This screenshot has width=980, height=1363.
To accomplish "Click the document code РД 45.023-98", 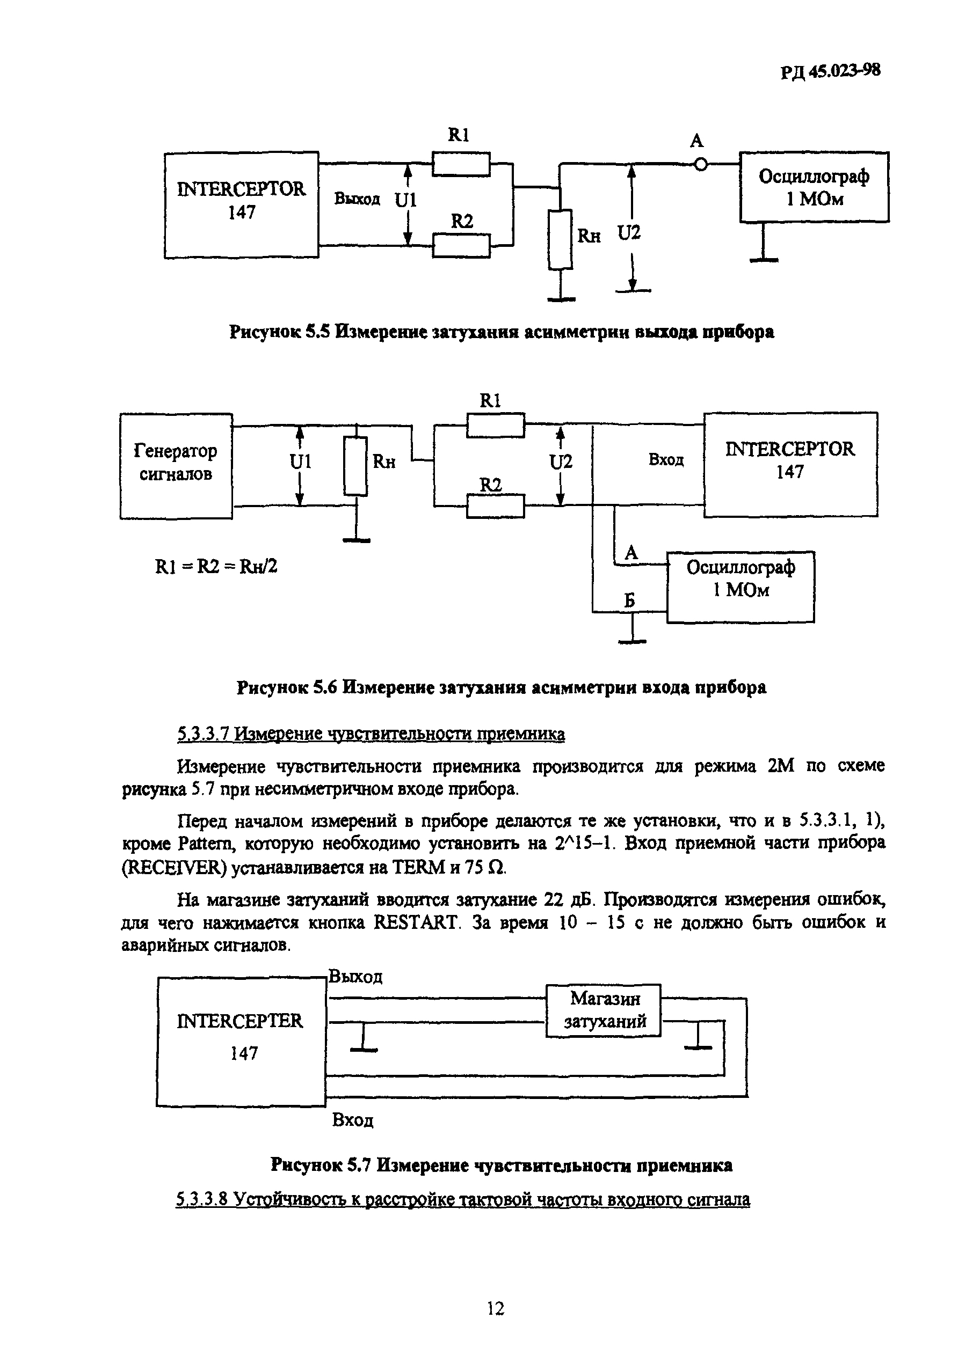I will point(830,71).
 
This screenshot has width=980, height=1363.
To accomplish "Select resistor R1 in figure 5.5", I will point(461,164).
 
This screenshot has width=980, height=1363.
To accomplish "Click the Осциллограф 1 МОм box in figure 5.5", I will point(814,187).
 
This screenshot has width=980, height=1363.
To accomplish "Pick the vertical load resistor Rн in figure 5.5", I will point(560,239).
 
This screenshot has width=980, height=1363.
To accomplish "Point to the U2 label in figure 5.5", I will point(629,232).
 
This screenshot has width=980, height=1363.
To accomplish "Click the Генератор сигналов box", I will point(176,466).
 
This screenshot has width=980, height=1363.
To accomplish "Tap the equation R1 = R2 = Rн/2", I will point(216,566).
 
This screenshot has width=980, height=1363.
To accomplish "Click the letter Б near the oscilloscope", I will point(629,600).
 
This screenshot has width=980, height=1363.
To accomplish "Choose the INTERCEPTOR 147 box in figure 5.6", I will point(789,464).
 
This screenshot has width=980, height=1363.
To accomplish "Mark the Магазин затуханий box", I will point(603,1010).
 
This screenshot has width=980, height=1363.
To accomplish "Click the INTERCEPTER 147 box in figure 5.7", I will point(241,1041).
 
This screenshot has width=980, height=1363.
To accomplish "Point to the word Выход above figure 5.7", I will point(355,977).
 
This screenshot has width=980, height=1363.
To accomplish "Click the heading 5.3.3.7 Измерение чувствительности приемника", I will point(371,734).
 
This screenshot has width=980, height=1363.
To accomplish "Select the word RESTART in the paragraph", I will point(415,922).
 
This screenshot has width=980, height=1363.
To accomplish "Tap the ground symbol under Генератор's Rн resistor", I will point(356,540).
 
